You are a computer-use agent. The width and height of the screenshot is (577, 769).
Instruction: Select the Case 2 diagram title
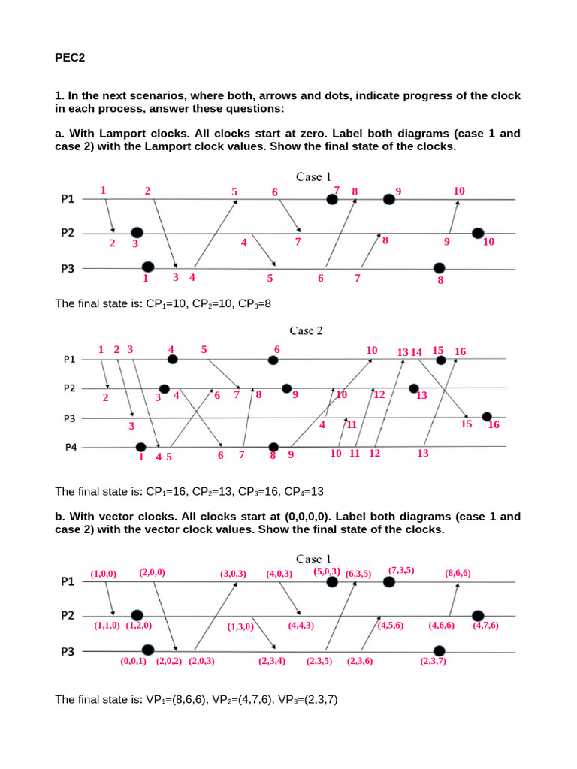(305, 330)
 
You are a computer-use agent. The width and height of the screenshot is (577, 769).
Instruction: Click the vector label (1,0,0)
(104, 574)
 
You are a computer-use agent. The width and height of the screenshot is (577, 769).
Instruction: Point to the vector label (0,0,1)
(133, 662)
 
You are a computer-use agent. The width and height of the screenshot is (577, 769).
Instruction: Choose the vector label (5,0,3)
(327, 571)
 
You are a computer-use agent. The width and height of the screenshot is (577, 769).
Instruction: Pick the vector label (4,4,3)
(301, 625)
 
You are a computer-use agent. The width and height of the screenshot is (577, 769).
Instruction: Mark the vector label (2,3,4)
(271, 662)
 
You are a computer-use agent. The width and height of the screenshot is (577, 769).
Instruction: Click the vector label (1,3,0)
(241, 627)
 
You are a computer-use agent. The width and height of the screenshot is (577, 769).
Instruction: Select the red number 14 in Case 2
(417, 351)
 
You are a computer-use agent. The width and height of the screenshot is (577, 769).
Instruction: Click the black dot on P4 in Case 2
(140, 447)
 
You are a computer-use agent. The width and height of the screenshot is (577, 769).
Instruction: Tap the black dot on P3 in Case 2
(487, 417)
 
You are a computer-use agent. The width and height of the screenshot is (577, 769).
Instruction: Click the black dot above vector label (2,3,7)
(440, 650)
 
